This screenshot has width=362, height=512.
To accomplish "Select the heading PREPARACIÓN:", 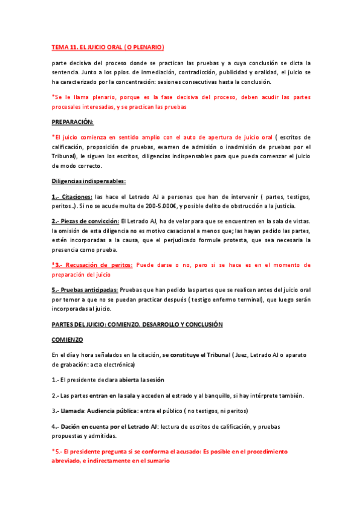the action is coord(73,121).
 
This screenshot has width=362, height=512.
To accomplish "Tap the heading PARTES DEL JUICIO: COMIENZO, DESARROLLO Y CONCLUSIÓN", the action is coord(137,324).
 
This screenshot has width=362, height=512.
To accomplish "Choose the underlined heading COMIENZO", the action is coord(68,340).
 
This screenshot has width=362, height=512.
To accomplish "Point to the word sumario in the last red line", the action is coord(155,461).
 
